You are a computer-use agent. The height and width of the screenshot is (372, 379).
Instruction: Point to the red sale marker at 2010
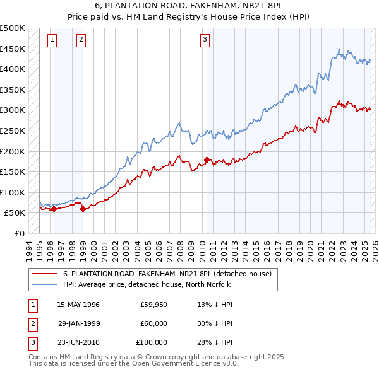(207, 160)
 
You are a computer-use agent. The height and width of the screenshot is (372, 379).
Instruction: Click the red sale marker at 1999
(83, 209)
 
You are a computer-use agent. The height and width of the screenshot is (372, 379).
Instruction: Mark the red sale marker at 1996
(54, 209)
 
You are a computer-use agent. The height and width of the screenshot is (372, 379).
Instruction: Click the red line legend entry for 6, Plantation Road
(167, 274)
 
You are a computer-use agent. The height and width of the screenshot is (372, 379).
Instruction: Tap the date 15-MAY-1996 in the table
(78, 305)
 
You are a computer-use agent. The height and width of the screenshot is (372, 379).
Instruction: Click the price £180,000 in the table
(152, 342)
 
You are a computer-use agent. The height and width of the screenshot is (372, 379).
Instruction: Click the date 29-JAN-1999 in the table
(78, 323)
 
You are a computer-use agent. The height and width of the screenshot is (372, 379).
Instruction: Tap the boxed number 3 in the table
(32, 342)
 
